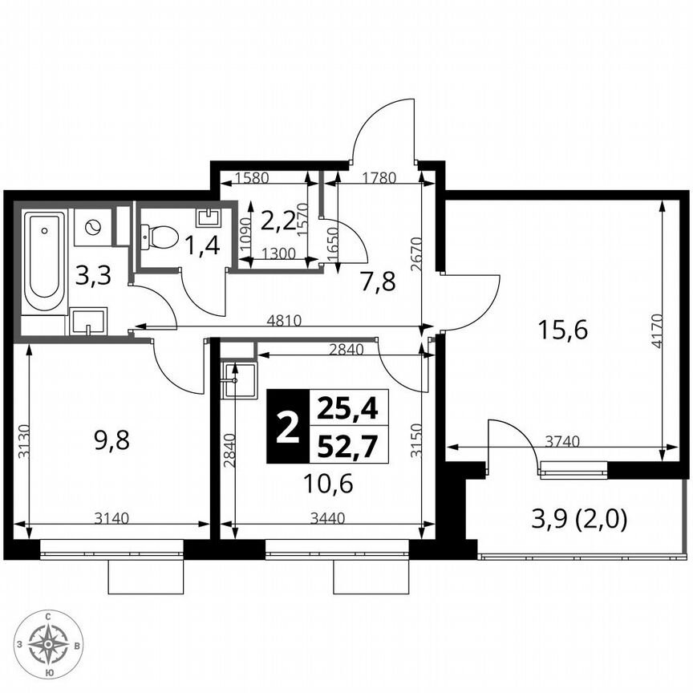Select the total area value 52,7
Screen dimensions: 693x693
[347, 445]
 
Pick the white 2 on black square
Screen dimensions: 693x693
[286, 427]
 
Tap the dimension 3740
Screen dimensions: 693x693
[563, 440]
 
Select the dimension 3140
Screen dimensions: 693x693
[112, 518]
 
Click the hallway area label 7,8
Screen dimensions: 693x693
[377, 282]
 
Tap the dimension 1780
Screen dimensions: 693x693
[379, 178]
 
